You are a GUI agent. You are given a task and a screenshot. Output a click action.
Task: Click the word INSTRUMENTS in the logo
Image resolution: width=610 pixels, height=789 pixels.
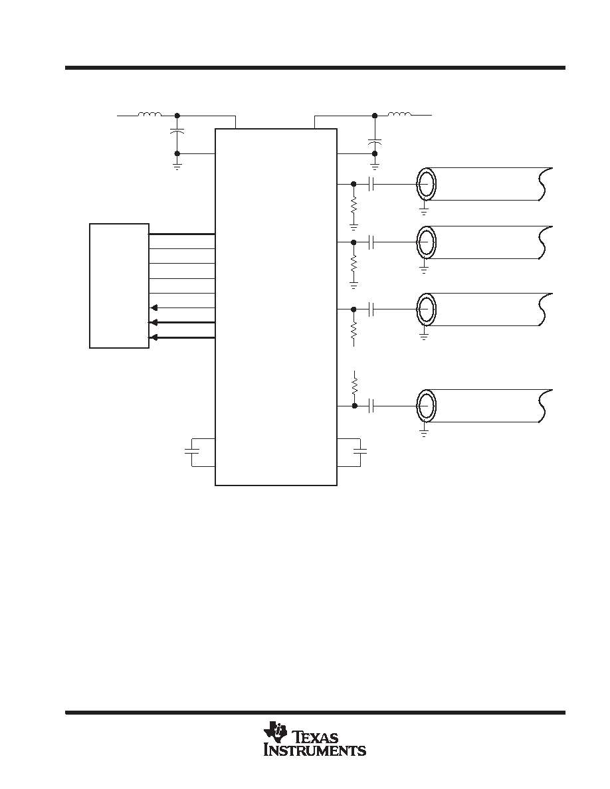click(x=315, y=750)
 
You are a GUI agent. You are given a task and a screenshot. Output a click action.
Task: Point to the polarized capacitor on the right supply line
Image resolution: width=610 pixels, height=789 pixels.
click(x=375, y=141)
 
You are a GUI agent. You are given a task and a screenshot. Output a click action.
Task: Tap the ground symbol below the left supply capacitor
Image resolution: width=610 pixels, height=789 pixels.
click(x=177, y=166)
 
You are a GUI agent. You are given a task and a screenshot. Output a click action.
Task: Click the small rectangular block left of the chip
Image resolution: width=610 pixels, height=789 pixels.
click(x=120, y=286)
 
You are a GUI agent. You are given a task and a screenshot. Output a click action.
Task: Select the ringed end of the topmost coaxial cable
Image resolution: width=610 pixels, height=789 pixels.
click(x=427, y=184)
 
